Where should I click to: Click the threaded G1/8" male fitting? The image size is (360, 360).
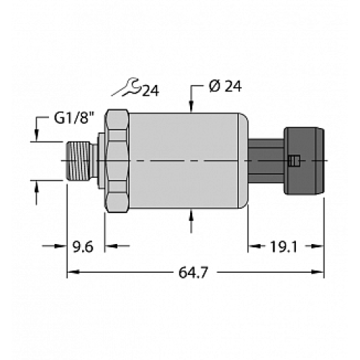(82, 160)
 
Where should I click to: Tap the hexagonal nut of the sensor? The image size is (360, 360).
(116, 160)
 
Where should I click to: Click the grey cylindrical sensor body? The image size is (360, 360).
(184, 160)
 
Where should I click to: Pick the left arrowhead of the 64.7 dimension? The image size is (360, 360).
(72, 272)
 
